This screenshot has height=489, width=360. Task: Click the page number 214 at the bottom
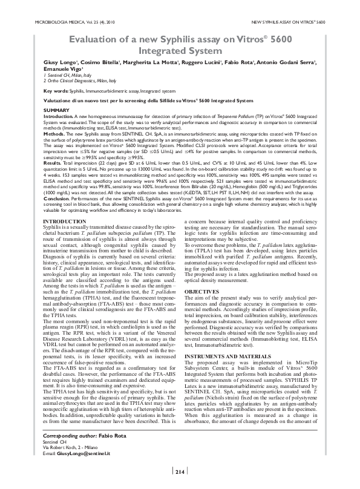point(180,472)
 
